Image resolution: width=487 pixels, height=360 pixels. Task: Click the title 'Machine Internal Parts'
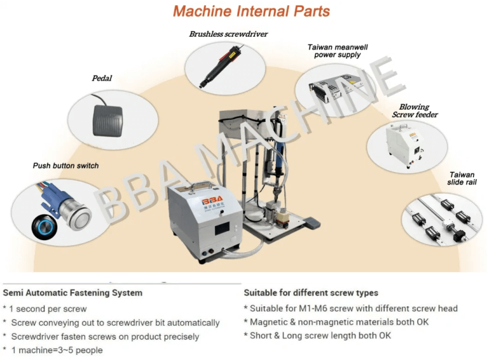pos(252,11)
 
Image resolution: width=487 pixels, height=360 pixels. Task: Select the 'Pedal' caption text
pos(102,79)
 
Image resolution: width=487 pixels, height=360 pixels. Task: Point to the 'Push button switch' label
pos(66,165)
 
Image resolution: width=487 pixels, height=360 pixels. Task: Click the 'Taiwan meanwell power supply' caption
pos(337,51)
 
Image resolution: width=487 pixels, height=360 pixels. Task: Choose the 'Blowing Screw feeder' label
pos(414,110)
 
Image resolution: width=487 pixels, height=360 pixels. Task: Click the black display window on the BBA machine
pos(223,227)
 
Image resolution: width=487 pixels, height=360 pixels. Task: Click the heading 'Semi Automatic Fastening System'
pos(73,293)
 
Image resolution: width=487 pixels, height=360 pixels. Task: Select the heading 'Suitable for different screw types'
pos(311,293)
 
